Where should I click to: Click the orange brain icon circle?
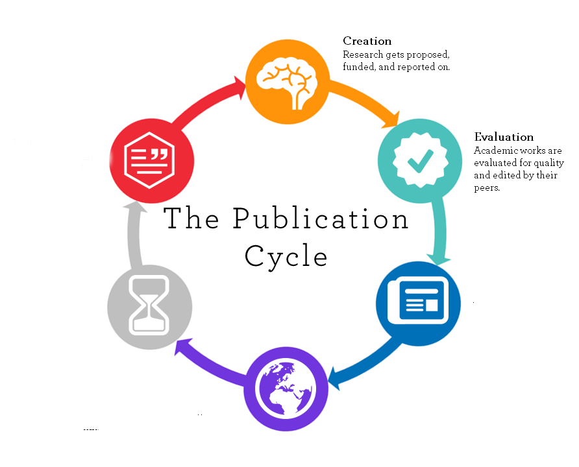click(x=288, y=80)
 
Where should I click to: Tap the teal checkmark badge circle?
click(x=419, y=162)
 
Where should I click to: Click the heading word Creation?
click(x=367, y=42)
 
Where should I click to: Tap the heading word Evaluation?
click(x=504, y=137)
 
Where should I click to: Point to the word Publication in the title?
click(x=321, y=219)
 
